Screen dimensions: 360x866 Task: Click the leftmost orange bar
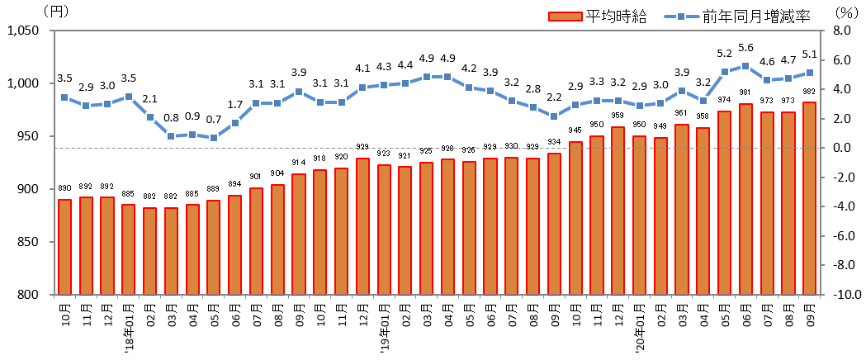click(x=64, y=247)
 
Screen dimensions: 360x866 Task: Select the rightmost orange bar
click(x=809, y=198)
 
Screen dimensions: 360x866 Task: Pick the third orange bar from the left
click(x=107, y=245)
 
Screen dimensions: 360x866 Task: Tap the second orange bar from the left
click(x=86, y=245)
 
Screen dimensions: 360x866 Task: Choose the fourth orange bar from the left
click(x=128, y=249)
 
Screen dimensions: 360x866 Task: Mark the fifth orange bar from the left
click(x=149, y=251)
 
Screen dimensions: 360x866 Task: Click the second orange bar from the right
click(x=788, y=203)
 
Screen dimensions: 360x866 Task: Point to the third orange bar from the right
click(x=767, y=203)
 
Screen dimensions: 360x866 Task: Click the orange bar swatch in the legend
click(x=566, y=17)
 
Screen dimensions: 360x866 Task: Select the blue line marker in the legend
click(x=681, y=17)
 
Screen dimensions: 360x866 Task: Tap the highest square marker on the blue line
click(x=745, y=66)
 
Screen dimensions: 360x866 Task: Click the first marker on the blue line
click(x=64, y=97)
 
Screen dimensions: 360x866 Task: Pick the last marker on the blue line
click(x=810, y=73)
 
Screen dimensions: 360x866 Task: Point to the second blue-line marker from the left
click(x=86, y=106)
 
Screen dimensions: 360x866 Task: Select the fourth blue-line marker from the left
click(x=129, y=97)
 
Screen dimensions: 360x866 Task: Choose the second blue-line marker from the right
click(x=788, y=78)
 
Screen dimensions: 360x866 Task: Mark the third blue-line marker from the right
click(x=767, y=80)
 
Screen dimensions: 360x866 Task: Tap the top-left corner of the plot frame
click(x=54, y=31)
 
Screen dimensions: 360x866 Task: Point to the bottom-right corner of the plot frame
click(x=821, y=294)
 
